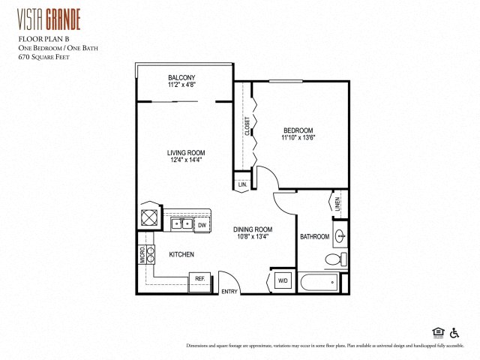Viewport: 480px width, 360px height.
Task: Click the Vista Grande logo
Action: (x=49, y=17)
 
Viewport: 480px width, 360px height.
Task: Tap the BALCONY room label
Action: (x=181, y=78)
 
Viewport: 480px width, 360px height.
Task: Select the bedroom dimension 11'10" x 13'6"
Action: (x=299, y=137)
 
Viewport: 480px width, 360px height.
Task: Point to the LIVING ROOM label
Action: (x=185, y=153)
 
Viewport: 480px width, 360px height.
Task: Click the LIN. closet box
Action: (x=242, y=184)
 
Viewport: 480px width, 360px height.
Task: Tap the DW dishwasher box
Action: (x=202, y=224)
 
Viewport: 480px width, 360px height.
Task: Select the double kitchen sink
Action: (x=180, y=223)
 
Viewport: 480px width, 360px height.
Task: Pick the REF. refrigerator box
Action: (x=200, y=278)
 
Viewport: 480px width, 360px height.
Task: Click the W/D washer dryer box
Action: (x=283, y=281)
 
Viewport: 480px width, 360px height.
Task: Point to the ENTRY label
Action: (x=229, y=292)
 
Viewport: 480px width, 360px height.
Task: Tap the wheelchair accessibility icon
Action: (x=454, y=332)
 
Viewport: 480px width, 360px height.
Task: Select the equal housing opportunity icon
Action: (x=438, y=332)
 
